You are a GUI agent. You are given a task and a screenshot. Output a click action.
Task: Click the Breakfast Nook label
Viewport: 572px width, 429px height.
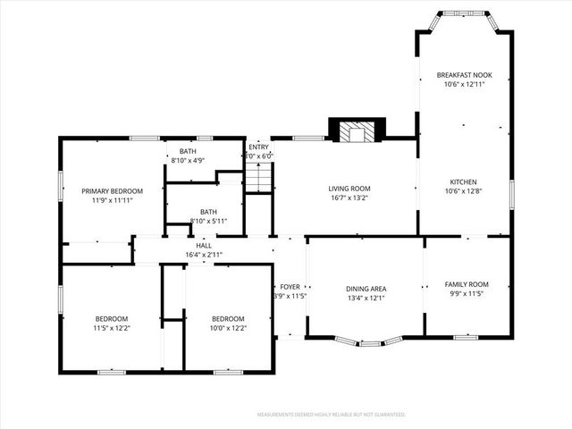tap(464, 74)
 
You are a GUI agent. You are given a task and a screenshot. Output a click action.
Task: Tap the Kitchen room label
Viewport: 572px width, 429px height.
tap(464, 181)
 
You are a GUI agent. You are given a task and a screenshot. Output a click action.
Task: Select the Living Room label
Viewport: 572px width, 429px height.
tap(349, 188)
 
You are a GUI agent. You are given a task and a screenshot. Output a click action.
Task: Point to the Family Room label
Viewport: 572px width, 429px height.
tap(467, 284)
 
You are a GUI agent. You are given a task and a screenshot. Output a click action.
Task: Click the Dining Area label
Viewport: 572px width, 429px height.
tap(366, 289)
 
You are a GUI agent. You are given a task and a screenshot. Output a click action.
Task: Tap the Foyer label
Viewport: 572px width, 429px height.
tap(289, 287)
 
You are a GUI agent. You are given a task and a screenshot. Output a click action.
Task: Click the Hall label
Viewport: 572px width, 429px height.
tap(204, 246)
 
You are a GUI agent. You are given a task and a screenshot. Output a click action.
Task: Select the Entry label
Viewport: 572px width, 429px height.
tap(258, 147)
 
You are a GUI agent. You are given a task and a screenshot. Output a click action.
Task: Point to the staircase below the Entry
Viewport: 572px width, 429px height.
tap(257, 179)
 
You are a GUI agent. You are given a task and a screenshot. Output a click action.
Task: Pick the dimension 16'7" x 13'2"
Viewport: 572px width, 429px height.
tap(349, 198)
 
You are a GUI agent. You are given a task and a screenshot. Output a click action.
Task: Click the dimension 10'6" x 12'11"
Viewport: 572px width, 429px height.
tap(464, 84)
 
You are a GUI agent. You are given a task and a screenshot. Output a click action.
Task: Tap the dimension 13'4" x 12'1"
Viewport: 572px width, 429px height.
tap(366, 299)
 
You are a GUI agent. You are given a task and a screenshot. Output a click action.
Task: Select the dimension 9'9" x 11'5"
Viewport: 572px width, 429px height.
tap(467, 294)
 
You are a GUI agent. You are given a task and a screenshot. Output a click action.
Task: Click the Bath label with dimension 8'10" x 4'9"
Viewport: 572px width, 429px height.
tap(188, 151)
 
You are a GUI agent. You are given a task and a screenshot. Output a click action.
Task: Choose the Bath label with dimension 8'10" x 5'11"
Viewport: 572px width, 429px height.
tap(208, 211)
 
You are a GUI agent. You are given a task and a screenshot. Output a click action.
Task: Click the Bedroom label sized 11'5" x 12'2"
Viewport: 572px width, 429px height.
tap(112, 318)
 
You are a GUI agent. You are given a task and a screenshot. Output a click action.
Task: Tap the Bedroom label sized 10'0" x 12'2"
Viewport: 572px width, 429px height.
tap(228, 318)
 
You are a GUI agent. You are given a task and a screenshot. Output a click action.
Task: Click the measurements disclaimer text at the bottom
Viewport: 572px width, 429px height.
tap(331, 415)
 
